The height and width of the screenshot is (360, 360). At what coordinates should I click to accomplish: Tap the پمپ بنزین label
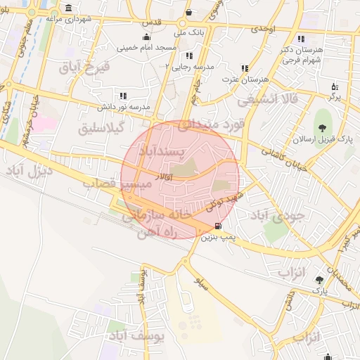click(x=217, y=238)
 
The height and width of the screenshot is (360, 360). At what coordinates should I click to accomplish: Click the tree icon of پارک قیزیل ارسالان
click(x=322, y=128)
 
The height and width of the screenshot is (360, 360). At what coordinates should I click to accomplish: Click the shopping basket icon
click(x=188, y=13)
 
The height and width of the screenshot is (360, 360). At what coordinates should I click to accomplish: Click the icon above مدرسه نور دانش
click(x=123, y=96)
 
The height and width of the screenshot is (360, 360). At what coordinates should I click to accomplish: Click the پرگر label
click(x=334, y=96)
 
